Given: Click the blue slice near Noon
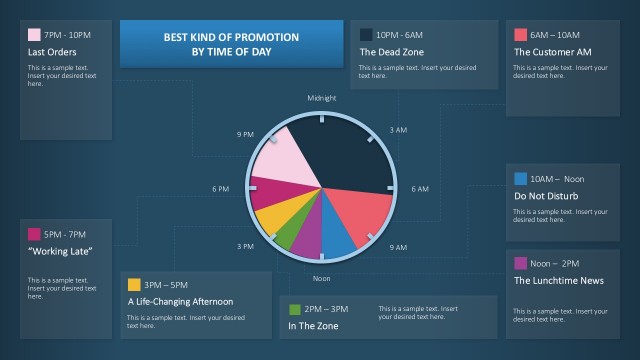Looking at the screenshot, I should coord(336,236).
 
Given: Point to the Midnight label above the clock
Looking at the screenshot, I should coord(322,98).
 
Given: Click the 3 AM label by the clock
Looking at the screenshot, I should coord(398,129).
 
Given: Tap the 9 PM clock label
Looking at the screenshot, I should coord(245,133).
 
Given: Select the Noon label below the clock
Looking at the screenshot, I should coord(322,278).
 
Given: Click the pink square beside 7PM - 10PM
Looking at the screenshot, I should coord(34,34).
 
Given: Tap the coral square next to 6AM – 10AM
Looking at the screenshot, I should coord(520,34).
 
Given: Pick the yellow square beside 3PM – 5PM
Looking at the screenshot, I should coord(134,284).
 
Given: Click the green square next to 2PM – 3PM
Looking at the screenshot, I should coord(294,309).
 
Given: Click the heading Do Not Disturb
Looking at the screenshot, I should coord(546,196).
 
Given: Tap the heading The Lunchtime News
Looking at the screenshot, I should coord(558,280).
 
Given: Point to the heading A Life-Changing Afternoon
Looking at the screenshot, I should coord(180,301).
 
